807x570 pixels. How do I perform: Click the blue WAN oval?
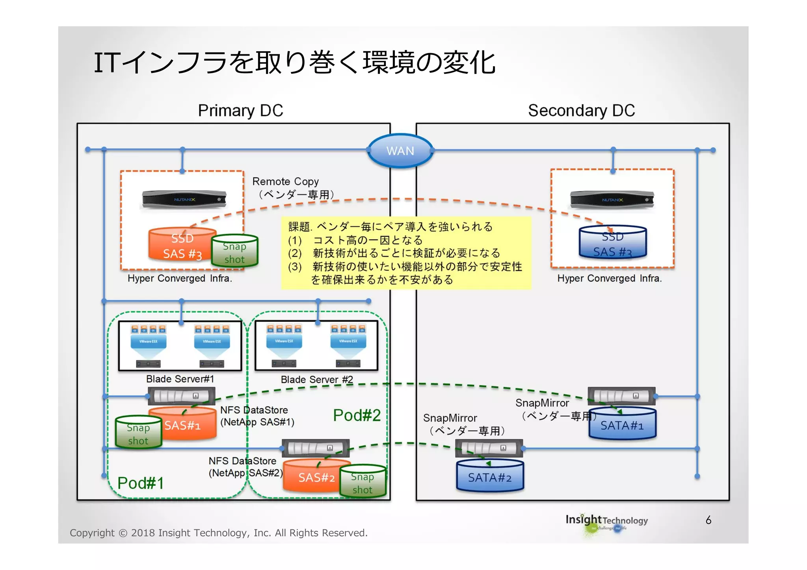[400, 151]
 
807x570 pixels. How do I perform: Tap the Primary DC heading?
[240, 110]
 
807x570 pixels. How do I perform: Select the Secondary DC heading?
[581, 110]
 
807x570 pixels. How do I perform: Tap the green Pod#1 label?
[140, 483]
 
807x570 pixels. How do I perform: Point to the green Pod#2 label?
[357, 415]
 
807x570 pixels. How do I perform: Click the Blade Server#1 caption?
[180, 379]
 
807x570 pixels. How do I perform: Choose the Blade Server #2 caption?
[317, 379]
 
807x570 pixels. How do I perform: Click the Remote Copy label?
[285, 181]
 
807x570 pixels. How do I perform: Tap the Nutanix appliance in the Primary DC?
[184, 199]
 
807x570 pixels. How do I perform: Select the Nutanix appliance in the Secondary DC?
[612, 200]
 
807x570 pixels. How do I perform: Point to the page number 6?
[708, 520]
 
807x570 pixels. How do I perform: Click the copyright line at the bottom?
[218, 533]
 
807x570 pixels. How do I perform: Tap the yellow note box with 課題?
[406, 253]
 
